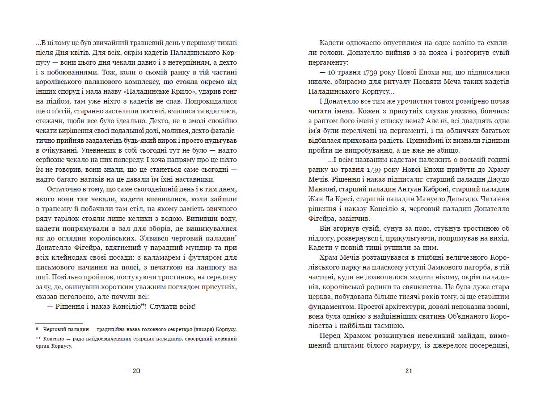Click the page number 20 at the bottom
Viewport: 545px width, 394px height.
point(136,371)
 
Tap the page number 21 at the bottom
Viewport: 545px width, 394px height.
point(409,371)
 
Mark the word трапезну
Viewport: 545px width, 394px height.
point(53,209)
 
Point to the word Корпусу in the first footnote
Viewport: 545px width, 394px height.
point(227,330)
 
